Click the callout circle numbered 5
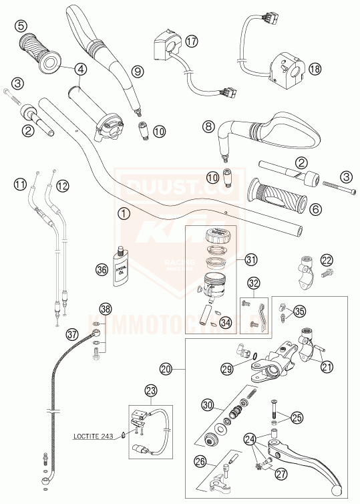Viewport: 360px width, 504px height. click(21, 25)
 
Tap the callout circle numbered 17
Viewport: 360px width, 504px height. click(192, 42)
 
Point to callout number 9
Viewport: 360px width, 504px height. click(137, 71)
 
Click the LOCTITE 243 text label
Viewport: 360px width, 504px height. click(98, 437)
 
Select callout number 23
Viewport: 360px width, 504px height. click(151, 391)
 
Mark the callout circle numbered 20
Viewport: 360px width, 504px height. click(166, 368)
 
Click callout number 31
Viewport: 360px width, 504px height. click(250, 259)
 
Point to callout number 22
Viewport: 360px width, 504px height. click(326, 259)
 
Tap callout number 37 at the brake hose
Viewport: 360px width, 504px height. click(72, 332)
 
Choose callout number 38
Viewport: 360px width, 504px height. click(106, 308)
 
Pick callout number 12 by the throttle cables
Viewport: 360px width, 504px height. click(62, 185)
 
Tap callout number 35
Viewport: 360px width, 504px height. click(299, 310)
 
